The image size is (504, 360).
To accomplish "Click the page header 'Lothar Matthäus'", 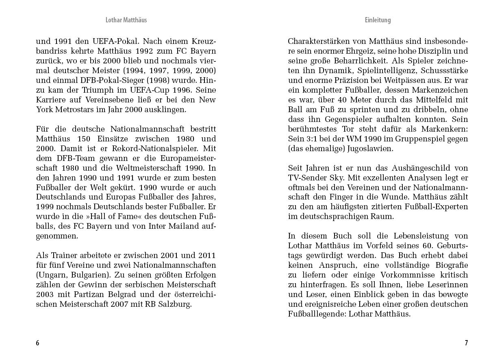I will coord(126,20).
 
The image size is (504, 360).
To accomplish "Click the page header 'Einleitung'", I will coord(378,20).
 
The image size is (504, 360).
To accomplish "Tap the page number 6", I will coord(38,343).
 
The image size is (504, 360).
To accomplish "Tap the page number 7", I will coord(466,343).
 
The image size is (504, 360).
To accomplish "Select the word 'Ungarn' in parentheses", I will coord(51,275).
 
